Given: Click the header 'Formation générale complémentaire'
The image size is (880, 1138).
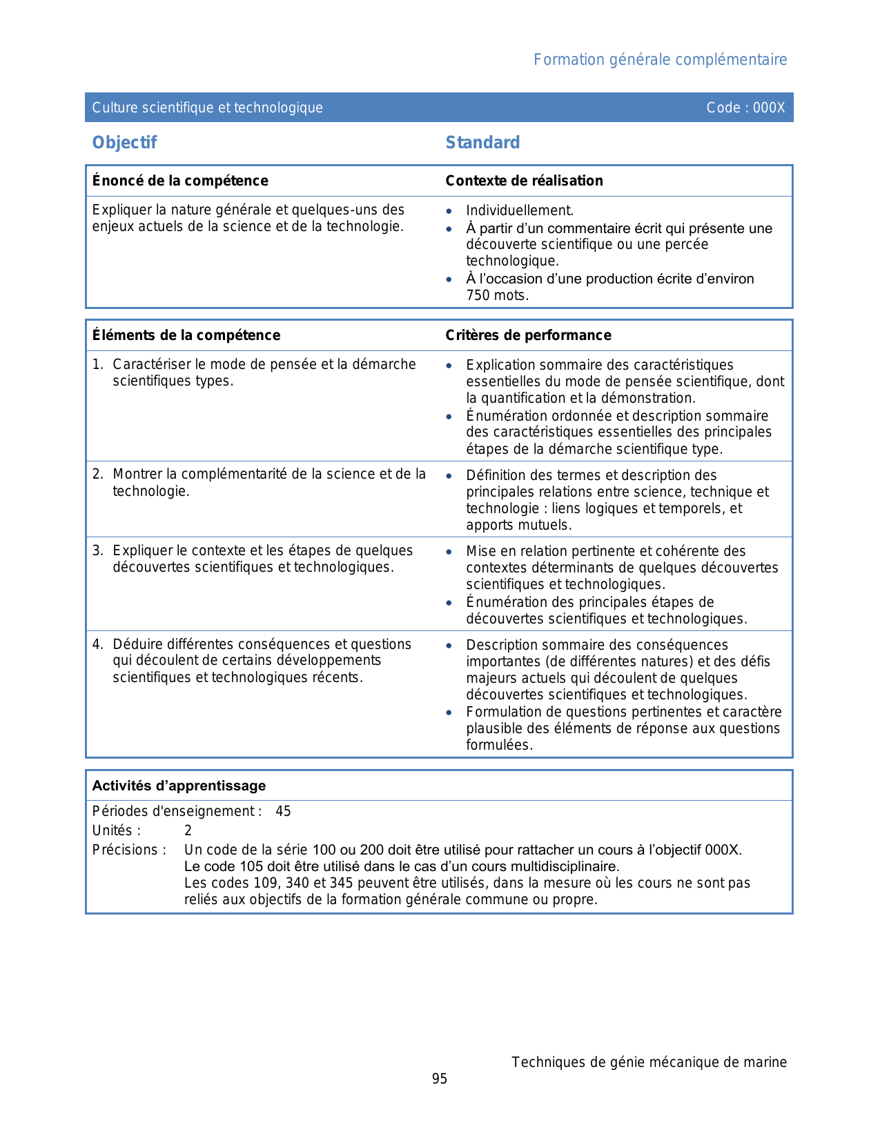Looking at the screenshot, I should click(660, 60).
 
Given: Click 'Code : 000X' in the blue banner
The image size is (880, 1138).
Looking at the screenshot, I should click(745, 108).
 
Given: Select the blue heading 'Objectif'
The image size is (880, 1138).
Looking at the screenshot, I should click(124, 143).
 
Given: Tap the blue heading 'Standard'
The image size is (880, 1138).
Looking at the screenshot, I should click(482, 143).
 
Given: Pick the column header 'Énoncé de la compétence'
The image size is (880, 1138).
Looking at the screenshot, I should click(180, 181).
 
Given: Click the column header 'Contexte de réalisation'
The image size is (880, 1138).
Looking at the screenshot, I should click(524, 181).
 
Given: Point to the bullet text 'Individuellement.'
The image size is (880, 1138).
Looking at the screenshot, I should click(520, 210).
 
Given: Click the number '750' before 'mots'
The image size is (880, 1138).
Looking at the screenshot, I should click(478, 295).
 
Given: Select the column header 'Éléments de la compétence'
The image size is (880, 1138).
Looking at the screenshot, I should click(186, 335).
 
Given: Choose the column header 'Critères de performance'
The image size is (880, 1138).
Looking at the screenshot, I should click(528, 335).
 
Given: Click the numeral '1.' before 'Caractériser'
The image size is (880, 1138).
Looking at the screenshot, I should click(98, 364).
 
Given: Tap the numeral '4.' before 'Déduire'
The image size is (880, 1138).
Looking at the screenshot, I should click(98, 644).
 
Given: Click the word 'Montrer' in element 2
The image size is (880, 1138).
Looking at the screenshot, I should click(138, 474).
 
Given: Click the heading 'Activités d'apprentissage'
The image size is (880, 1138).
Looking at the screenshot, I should click(179, 786).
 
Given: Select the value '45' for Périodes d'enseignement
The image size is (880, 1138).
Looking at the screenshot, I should click(283, 811).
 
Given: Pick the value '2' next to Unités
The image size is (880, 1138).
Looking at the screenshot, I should click(188, 830).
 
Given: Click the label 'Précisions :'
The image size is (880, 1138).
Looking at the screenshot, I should click(129, 850).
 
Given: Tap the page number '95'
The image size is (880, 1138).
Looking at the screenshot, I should click(440, 1079).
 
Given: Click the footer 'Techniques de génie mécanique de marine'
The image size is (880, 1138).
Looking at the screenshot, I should click(649, 1062).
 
